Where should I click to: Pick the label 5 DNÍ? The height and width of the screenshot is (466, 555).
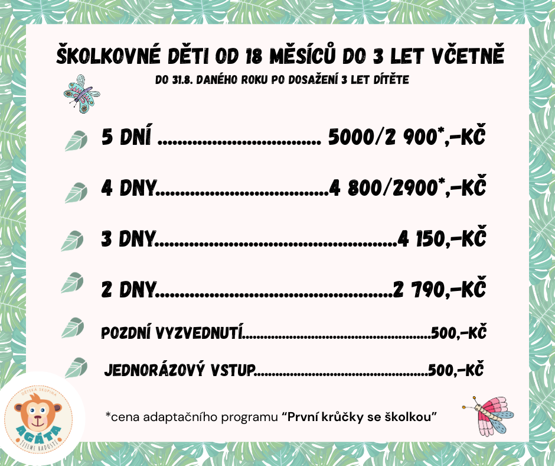point(126,138)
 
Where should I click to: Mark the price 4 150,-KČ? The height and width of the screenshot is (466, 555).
point(442,239)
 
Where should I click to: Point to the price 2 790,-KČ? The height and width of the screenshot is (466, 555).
point(439,289)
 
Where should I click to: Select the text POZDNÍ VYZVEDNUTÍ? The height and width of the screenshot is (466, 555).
point(172,332)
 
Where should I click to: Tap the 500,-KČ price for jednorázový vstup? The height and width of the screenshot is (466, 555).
point(456,371)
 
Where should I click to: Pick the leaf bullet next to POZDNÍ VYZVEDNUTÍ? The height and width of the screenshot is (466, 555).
point(74,327)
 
